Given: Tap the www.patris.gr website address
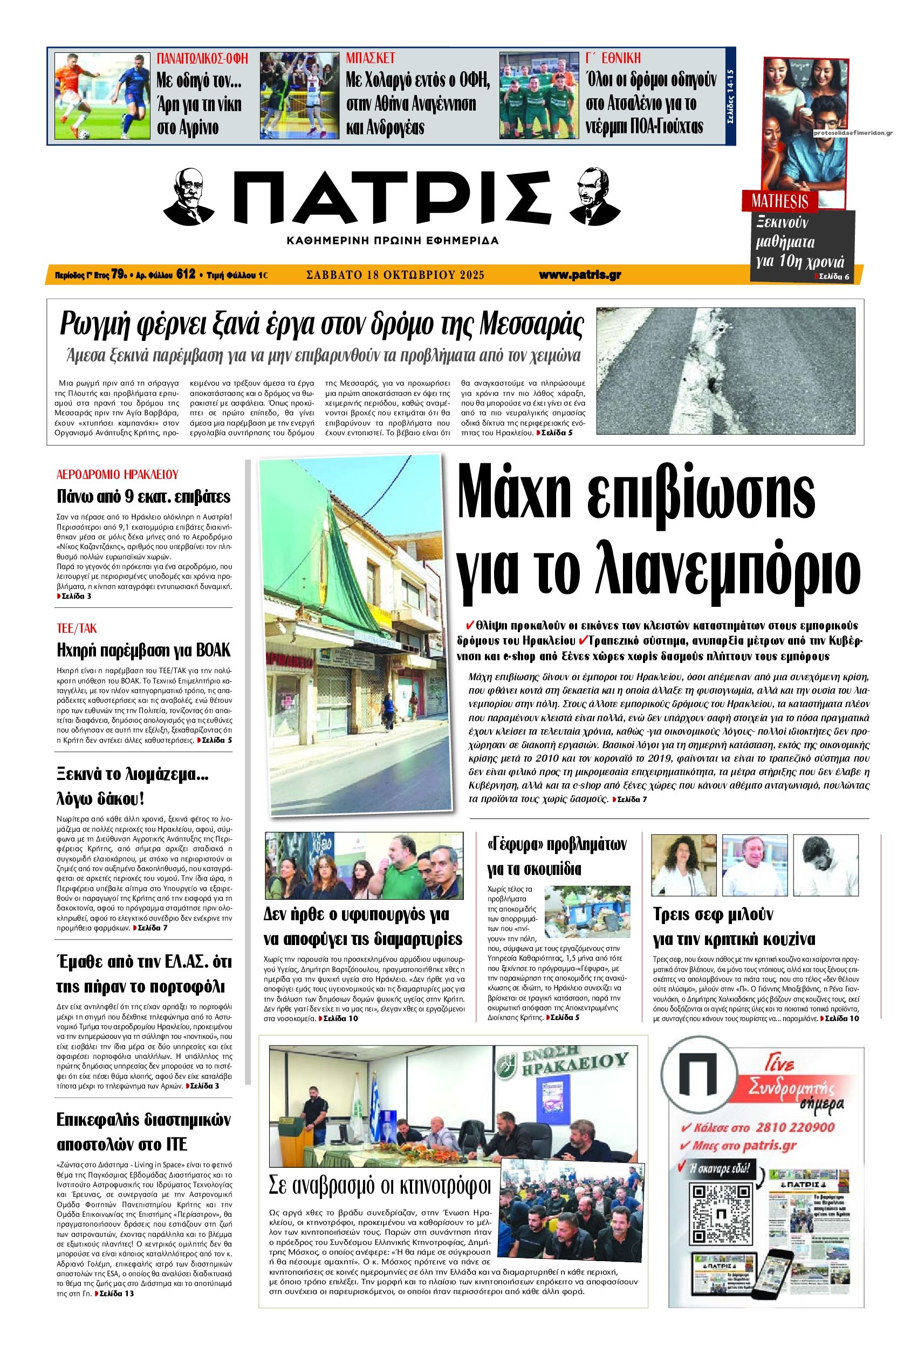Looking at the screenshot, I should tap(579, 275).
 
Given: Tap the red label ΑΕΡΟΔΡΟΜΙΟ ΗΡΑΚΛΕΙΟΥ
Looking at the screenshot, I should tap(117, 474).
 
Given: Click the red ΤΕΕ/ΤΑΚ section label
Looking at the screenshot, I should tap(77, 628).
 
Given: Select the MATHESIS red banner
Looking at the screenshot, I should tap(780, 202).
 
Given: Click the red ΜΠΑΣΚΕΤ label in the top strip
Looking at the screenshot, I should tap(370, 58).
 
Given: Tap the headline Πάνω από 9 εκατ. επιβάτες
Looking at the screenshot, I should tap(143, 496).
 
